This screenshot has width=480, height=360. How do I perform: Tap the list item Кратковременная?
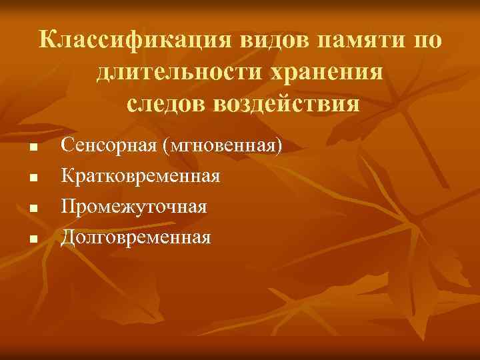click(141, 176)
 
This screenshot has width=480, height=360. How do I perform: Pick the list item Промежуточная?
click(133, 207)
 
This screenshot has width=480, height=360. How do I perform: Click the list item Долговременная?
click(136, 237)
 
